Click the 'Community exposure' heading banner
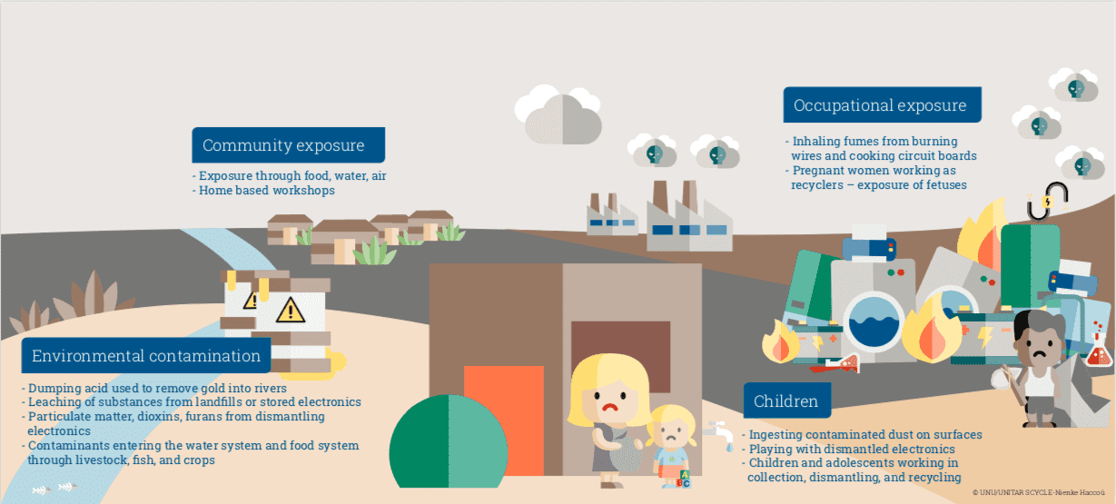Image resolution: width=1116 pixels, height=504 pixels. pyautogui.click(x=288, y=145)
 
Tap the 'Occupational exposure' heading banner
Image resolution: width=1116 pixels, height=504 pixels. pyautogui.click(x=882, y=104)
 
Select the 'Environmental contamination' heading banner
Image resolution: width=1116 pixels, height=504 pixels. pyautogui.click(x=145, y=355)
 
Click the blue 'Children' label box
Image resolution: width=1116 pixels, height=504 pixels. pyautogui.click(x=787, y=400)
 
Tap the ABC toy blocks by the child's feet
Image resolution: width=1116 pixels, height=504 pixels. pyautogui.click(x=684, y=479)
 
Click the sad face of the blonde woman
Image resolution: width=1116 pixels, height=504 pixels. pyautogui.click(x=608, y=396)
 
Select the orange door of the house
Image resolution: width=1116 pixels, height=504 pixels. pyautogui.click(x=504, y=420)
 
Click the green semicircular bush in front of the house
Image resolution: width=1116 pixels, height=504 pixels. pyautogui.click(x=449, y=441)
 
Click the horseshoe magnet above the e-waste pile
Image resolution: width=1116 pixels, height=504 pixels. pyautogui.click(x=1047, y=202)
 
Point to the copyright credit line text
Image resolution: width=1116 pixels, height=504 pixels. pyautogui.click(x=1038, y=492)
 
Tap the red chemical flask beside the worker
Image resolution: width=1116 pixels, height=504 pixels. pyautogui.click(x=1099, y=351)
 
